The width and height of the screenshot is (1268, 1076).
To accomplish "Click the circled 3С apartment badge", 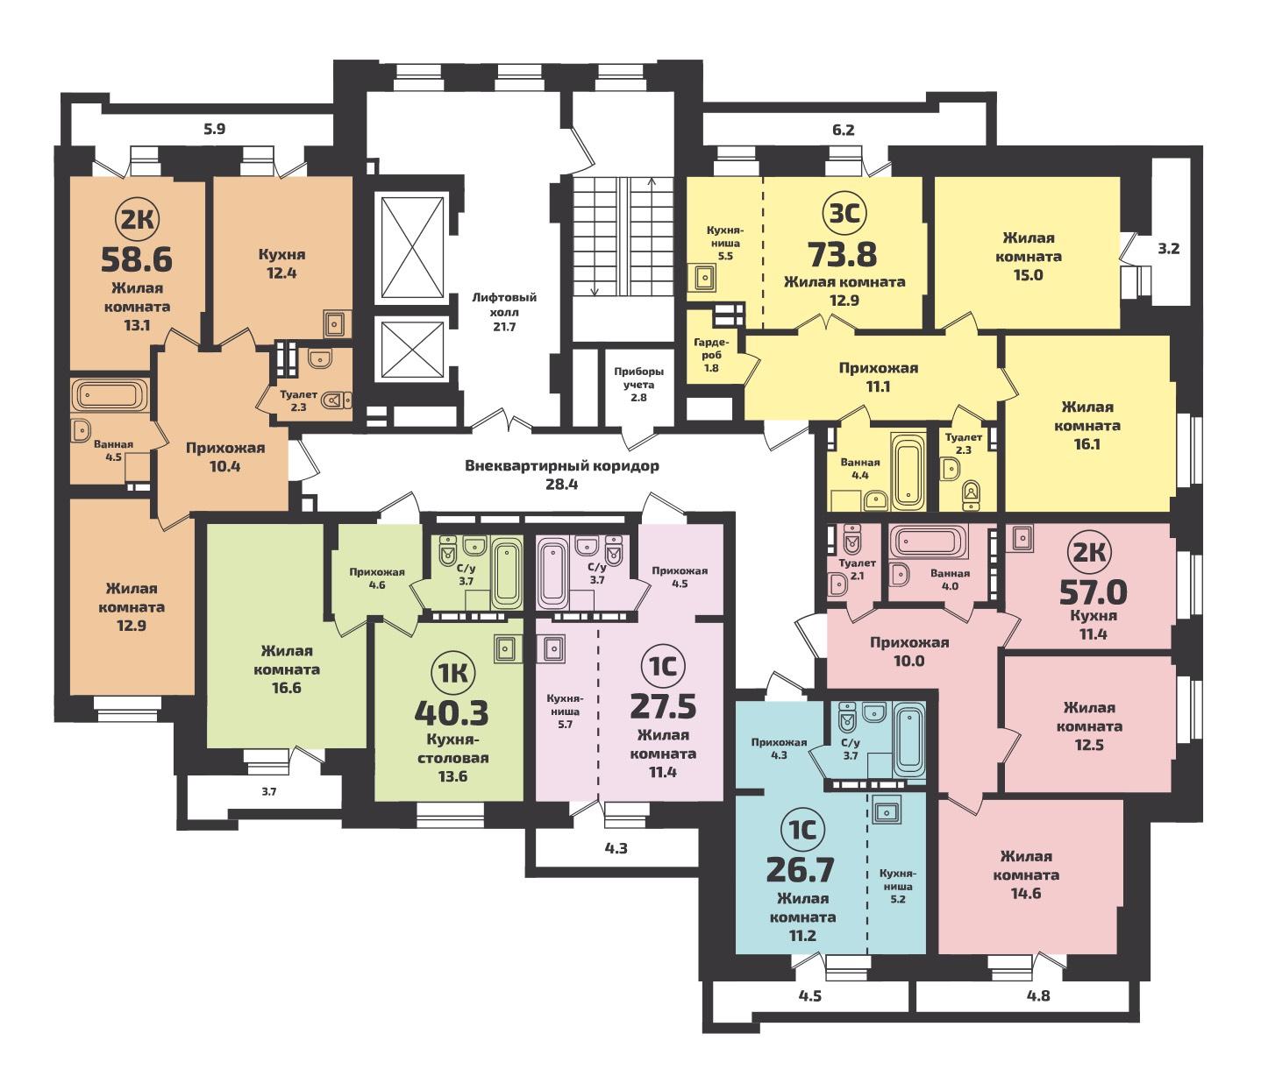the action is click(844, 215).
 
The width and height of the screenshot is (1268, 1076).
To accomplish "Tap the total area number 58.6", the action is click(136, 259).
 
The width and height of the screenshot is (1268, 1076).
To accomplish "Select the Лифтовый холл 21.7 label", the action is click(503, 312).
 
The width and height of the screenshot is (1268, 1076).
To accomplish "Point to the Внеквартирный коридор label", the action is click(562, 466).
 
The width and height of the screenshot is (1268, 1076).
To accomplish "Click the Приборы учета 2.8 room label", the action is click(638, 385).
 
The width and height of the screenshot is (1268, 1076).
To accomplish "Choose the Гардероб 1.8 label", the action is click(711, 355).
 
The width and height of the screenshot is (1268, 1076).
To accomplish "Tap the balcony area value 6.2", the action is click(844, 130).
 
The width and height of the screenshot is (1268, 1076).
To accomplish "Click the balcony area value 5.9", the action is click(215, 129).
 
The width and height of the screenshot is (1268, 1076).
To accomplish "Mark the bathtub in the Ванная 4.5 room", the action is click(110, 395).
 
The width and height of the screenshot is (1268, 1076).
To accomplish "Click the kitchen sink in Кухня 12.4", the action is click(334, 322).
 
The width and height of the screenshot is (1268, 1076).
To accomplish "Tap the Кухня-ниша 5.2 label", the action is click(897, 886).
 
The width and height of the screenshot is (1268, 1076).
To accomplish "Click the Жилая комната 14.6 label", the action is click(1026, 874).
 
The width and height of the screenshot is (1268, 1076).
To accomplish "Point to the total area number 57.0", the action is click(1093, 593).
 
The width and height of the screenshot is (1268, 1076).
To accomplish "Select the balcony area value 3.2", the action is click(1169, 249).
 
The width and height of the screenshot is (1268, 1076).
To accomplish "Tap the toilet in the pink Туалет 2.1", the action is click(852, 540).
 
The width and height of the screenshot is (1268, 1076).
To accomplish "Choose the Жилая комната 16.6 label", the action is click(287, 669).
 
